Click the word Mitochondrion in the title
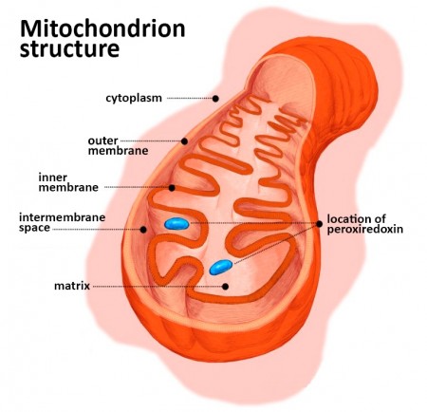102,28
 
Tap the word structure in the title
69,49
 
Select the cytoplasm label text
134,98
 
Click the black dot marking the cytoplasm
215,99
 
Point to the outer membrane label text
118,145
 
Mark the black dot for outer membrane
184,141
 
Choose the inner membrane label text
68,182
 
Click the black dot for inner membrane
172,188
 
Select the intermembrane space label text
62,222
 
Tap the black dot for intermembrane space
143,230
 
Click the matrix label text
72,286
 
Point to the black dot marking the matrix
225,287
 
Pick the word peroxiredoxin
365,230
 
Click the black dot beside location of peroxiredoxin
319,224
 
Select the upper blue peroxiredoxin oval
176,224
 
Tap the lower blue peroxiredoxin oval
221,267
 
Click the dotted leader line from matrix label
158,287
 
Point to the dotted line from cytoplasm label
190,99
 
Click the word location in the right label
346,218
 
